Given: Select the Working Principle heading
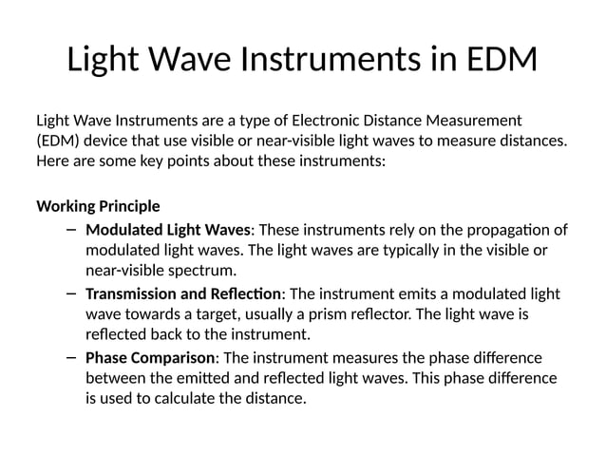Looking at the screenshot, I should (x=98, y=206).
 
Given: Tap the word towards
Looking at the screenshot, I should (x=155, y=314).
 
